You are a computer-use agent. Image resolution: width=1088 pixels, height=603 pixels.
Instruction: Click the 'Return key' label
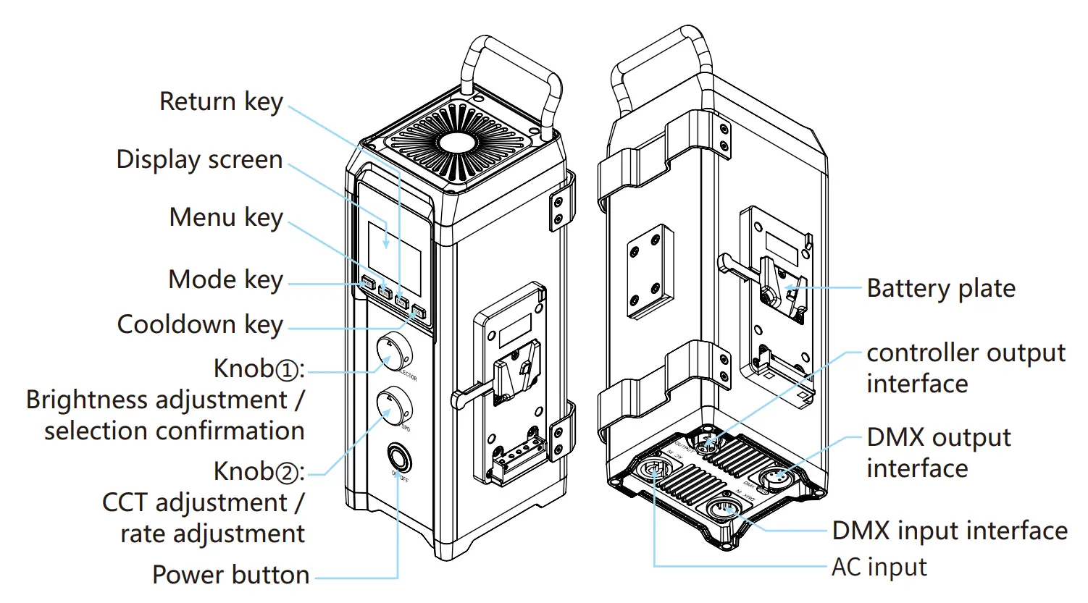[221, 102]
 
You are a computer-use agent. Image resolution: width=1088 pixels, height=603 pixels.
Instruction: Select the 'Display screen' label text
[199, 160]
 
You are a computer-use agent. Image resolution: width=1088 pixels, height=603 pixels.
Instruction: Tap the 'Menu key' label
[226, 218]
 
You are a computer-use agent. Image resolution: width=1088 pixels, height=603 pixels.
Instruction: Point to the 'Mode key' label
[225, 280]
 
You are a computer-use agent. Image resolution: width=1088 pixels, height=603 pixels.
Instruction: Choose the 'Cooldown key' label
[200, 325]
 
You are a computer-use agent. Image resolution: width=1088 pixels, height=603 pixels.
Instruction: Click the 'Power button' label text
[230, 575]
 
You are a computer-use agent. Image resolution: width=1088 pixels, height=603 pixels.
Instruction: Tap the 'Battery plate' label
[941, 289]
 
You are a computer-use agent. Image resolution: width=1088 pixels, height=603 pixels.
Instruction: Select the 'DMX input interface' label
[950, 531]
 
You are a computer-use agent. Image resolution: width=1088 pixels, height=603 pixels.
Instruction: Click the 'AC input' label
[879, 568]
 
